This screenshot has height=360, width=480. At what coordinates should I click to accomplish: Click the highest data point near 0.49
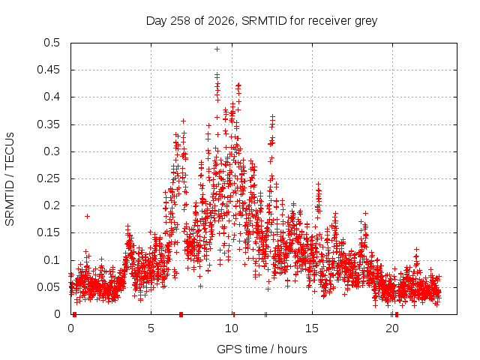(217, 49)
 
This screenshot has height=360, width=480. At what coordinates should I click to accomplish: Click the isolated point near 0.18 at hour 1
(87, 217)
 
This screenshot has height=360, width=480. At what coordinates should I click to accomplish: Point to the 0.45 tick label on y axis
(48, 70)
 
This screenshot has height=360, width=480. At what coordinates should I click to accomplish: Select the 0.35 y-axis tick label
(48, 124)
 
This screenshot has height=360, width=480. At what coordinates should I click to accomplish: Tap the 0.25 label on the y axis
(48, 178)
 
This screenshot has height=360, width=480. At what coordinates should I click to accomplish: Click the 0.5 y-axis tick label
(52, 43)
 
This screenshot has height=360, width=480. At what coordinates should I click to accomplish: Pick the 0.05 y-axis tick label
(48, 287)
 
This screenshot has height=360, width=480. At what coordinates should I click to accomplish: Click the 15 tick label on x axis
(312, 328)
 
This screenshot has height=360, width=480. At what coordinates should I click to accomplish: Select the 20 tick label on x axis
(392, 328)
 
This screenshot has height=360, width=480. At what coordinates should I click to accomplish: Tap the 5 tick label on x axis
(151, 328)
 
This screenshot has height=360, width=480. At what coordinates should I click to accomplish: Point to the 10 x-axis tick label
(232, 328)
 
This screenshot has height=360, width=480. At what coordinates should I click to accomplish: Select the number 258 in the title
(181, 21)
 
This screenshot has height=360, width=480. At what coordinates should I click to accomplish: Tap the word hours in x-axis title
(292, 349)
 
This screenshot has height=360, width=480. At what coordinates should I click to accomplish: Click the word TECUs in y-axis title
(10, 150)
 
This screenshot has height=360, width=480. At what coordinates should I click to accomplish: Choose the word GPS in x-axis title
(227, 349)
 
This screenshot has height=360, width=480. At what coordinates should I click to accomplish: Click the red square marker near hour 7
(181, 314)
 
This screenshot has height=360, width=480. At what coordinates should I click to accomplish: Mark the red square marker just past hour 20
(397, 314)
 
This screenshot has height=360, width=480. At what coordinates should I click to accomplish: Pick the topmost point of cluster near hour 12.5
(272, 116)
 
